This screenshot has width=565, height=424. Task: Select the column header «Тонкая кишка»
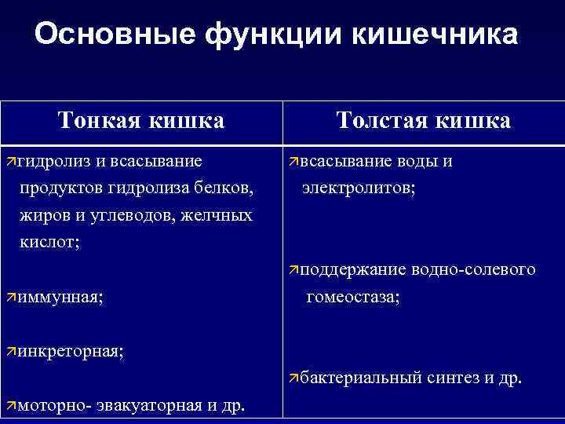click(141, 120)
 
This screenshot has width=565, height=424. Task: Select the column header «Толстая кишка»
click(423, 120)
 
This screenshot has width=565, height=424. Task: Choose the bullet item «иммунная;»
click(60, 298)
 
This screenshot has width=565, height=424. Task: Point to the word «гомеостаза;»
click(353, 297)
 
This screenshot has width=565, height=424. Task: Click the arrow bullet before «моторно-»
click(10, 405)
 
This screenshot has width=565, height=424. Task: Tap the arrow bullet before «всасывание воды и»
click(293, 162)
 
